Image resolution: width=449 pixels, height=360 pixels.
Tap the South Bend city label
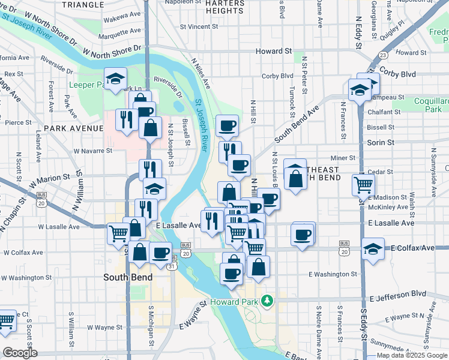point(127,277)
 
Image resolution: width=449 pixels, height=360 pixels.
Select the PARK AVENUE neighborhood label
point(73,128)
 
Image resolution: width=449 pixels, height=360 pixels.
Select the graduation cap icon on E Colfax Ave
point(373,248)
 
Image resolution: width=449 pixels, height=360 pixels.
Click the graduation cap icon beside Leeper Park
point(115,79)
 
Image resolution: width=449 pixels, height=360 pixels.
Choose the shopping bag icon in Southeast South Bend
point(295,178)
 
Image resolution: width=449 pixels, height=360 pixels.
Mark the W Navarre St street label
point(92,151)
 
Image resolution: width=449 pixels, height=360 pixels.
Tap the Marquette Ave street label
point(114,35)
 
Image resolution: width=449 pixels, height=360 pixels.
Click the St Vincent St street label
point(190,27)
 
